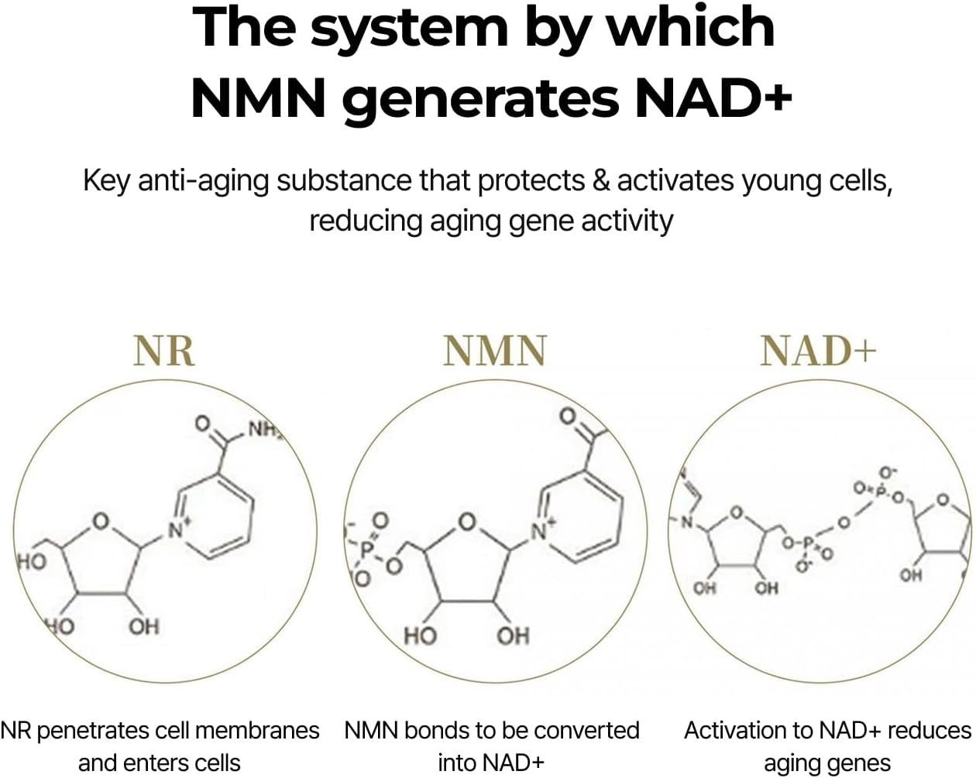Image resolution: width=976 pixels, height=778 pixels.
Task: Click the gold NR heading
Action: point(164,351)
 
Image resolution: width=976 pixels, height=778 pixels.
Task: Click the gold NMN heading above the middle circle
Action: point(495,351)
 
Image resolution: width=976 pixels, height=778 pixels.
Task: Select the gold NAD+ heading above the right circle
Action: point(818,351)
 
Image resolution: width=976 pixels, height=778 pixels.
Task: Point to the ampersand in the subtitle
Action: point(601,180)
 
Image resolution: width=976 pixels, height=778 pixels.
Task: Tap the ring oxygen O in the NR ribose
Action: point(101,522)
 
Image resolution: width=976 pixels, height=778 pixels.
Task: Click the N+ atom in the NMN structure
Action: point(543,530)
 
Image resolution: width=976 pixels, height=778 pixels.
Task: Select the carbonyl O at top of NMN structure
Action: point(569,415)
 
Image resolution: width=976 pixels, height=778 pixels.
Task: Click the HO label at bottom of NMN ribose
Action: point(421,636)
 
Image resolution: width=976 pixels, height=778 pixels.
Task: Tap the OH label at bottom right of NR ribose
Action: point(144,627)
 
